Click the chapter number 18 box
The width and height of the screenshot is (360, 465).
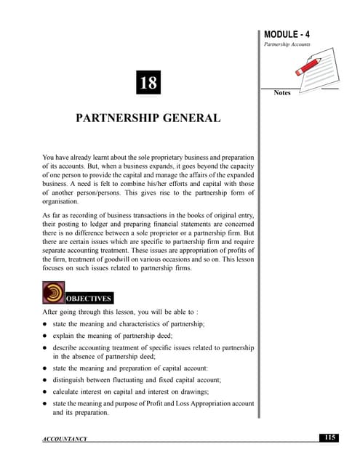[x=148, y=83]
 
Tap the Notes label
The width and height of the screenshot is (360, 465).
[x=282, y=93]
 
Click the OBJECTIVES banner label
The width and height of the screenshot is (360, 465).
[x=89, y=299]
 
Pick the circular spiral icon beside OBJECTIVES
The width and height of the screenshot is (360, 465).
[x=54, y=293]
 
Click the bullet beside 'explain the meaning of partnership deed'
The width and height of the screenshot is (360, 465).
[x=45, y=336]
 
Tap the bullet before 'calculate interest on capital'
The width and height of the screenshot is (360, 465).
[x=45, y=391]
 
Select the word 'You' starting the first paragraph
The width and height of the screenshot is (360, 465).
[x=49, y=157]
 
